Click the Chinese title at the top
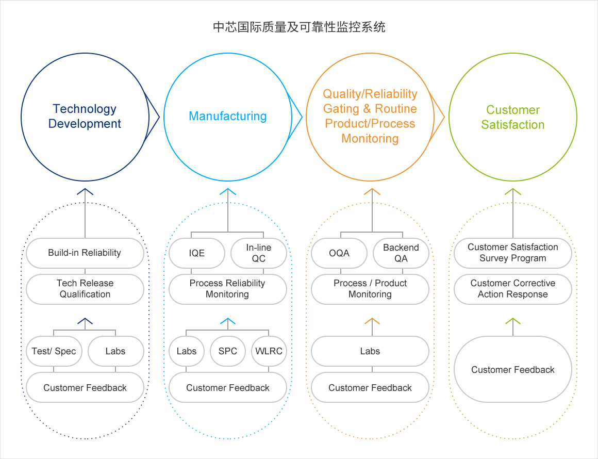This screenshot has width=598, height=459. point(299,27)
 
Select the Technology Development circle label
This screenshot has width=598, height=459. point(85,117)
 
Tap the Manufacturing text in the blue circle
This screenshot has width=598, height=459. point(227,116)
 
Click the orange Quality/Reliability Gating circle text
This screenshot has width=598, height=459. point(370,116)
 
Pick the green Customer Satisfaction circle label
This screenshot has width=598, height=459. point(512,117)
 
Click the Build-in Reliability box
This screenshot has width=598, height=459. point(85,253)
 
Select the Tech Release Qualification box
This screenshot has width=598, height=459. point(85,289)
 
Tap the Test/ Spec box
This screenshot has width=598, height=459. point(54,351)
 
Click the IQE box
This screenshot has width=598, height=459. point(197,253)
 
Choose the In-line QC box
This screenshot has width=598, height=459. point(258,253)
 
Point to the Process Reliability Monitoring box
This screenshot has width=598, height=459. point(227,289)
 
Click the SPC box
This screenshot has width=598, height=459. point(227,351)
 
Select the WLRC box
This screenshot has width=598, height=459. point(269,351)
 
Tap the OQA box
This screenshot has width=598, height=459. point(339,253)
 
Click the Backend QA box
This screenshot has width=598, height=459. point(401,253)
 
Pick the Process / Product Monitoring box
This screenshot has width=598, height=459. point(370,289)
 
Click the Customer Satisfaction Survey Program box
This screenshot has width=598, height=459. point(512,253)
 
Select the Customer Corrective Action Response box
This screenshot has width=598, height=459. point(512,289)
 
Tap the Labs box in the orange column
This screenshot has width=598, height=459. point(370,351)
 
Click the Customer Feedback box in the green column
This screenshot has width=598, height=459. point(512,369)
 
